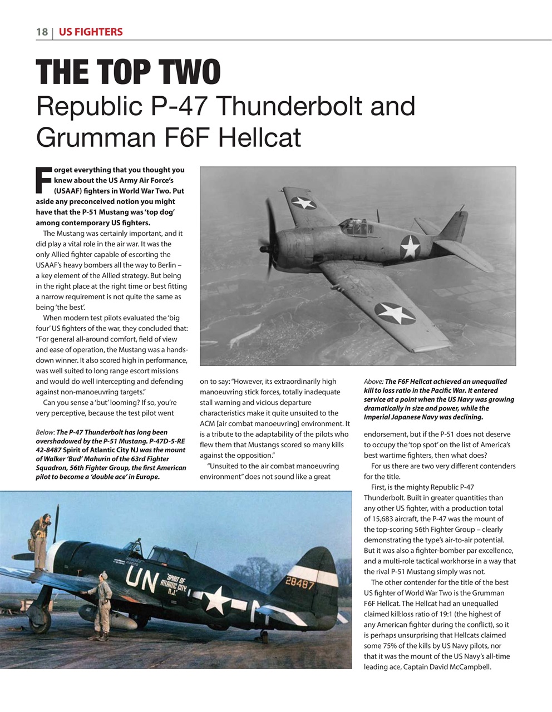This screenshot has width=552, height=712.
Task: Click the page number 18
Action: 42,32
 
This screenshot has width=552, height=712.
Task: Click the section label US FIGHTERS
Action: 90,32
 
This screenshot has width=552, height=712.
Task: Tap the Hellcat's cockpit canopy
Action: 356,225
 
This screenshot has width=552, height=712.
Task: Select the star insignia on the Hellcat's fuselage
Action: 410,246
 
